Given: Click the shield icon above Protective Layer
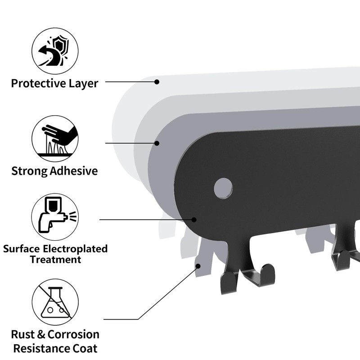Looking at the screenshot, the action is pos(55,50).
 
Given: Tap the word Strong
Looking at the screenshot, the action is pos(29,171).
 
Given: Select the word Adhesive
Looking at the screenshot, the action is pos(74,171).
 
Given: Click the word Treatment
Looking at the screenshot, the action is pos(55,260).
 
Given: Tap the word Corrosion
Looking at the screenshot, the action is pos(73,334).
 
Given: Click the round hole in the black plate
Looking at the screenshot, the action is pos(223,188).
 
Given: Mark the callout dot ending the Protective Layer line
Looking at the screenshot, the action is pos(157,81).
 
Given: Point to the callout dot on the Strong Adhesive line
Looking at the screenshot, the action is pos(157,143).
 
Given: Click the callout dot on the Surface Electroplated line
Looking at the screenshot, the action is pos(194,220).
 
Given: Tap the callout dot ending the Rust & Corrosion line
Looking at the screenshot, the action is pos(198,266).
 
